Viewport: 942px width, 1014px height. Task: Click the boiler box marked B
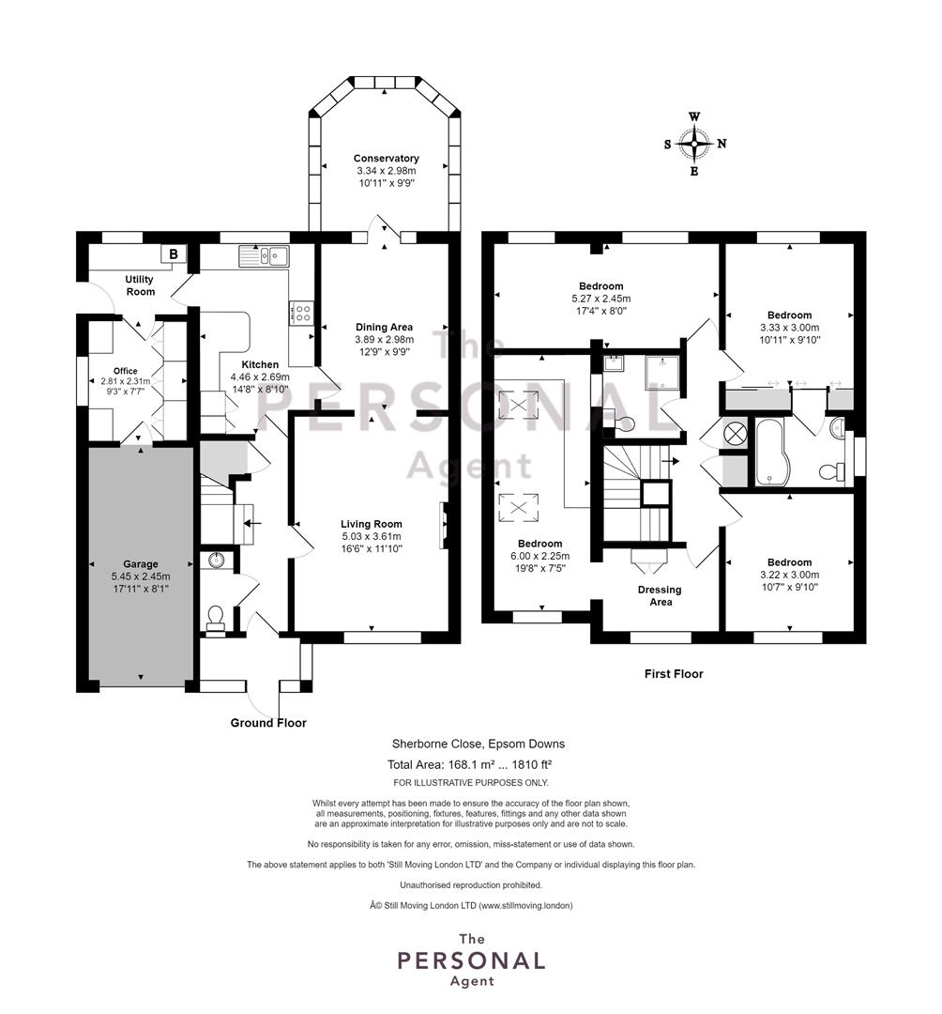(x=174, y=254)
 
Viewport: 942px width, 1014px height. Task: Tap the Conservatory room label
(x=386, y=159)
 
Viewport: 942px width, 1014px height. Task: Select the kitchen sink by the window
(x=264, y=256)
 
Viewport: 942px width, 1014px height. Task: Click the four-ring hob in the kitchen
(x=302, y=314)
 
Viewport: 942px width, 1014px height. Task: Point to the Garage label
(x=140, y=564)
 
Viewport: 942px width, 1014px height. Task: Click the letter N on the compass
(x=722, y=144)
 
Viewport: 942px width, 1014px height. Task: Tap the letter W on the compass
(x=694, y=117)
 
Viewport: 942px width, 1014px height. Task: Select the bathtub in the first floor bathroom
(x=768, y=452)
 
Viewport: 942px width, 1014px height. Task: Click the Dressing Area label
(x=660, y=595)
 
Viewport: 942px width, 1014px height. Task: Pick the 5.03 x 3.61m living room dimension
(x=372, y=537)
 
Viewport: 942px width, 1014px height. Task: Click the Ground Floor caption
(x=268, y=723)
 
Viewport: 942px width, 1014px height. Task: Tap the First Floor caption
(x=674, y=674)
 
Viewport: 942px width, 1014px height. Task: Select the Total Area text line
(x=469, y=764)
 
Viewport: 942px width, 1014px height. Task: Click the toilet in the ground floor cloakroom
(x=215, y=619)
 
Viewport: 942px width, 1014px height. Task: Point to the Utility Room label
(x=140, y=285)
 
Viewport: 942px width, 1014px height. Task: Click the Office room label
(x=126, y=371)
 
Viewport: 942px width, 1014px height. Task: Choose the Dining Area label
(x=384, y=328)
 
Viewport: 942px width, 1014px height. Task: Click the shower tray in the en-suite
(x=662, y=373)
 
